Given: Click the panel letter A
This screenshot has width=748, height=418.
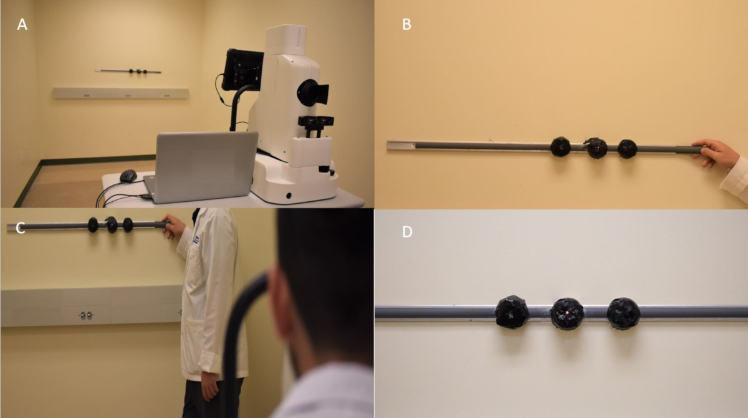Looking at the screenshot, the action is [22, 24].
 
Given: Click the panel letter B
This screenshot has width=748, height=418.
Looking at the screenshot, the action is [406, 24].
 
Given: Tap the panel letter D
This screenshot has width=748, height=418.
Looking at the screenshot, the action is [407, 232].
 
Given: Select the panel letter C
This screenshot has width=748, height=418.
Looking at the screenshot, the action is [21, 229].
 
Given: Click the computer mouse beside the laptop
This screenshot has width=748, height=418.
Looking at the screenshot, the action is [128, 176].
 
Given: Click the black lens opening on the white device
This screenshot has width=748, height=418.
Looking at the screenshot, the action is [312, 92].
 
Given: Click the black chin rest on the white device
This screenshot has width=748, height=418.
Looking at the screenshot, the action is [316, 121].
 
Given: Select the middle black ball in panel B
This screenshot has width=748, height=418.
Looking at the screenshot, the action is [597, 148].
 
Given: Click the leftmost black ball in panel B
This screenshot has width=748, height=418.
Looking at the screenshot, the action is [560, 147].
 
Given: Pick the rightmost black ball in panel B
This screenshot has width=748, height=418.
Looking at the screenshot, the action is [627, 149].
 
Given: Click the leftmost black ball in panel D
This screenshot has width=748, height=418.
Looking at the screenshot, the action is [512, 312].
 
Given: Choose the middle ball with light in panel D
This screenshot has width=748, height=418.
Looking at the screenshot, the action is [567, 313].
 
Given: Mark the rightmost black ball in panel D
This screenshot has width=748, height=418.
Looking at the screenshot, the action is [623, 313].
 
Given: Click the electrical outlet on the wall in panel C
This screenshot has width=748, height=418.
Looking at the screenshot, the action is [86, 316].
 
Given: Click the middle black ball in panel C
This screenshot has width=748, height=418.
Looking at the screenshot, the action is [111, 224].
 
